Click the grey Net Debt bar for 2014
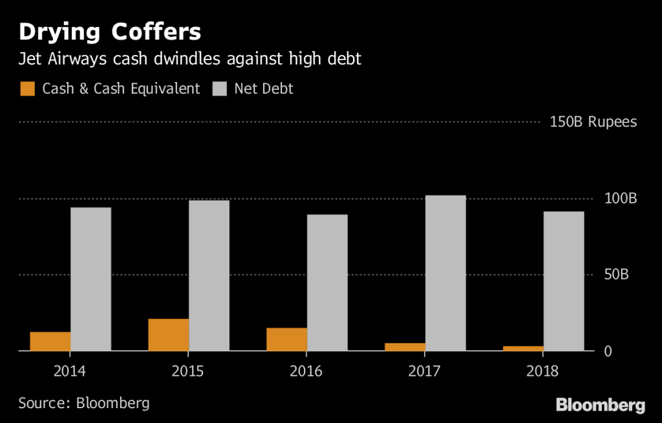point(91,279)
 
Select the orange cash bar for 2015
point(168,335)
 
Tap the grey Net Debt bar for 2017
point(445,273)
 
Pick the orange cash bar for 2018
point(523,348)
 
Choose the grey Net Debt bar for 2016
point(327,283)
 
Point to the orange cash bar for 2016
point(286,339)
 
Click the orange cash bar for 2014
point(50,341)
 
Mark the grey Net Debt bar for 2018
point(563,281)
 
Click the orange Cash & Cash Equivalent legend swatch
point(27,88)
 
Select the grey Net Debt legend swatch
point(219,88)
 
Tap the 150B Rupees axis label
point(593,122)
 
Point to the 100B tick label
point(621,198)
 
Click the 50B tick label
point(616,274)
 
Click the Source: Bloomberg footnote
point(83,404)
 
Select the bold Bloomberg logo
point(601,406)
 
